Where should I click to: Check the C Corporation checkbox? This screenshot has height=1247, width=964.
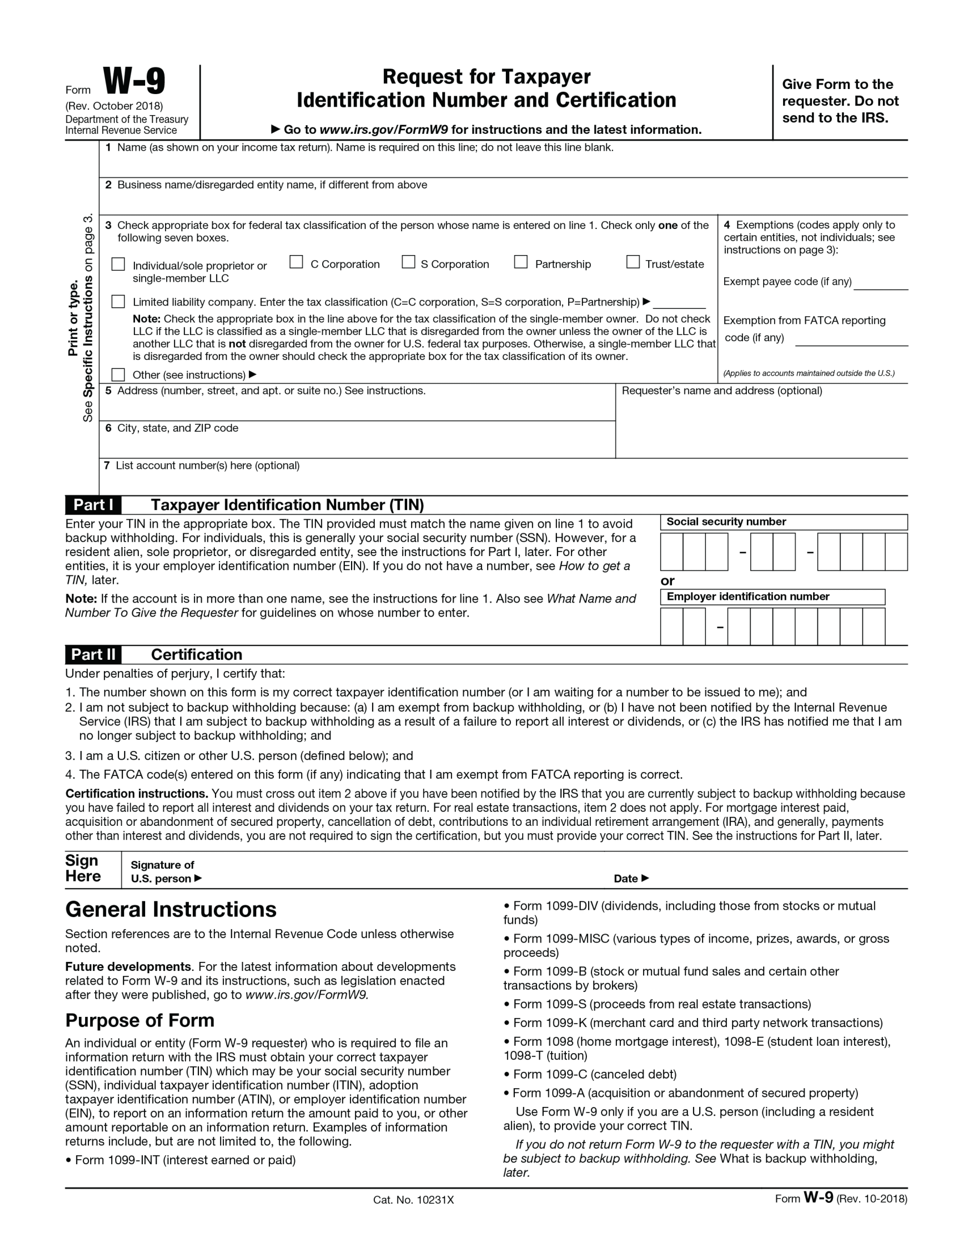[x=296, y=262]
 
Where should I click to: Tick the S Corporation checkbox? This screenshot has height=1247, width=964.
[x=408, y=262]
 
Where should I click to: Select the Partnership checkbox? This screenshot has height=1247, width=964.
[x=521, y=262]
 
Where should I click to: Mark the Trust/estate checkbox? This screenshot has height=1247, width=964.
[x=633, y=262]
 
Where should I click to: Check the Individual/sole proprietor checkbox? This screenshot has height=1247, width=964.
[x=118, y=264]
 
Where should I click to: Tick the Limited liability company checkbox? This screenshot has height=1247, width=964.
[x=118, y=302]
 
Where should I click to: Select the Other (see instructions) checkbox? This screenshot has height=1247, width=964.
[x=118, y=375]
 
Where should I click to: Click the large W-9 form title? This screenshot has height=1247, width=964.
[x=134, y=81]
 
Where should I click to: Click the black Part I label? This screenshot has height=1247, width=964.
[x=93, y=504]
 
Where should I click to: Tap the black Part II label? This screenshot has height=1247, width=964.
[x=93, y=654]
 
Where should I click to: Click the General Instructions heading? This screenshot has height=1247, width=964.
[x=171, y=909]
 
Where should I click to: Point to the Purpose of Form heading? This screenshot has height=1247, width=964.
[x=140, y=1020]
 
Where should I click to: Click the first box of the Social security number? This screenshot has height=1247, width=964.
[x=671, y=552]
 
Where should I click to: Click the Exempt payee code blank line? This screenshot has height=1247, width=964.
[x=881, y=283]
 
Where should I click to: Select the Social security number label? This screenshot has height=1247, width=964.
[x=726, y=521]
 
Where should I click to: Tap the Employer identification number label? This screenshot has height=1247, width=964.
[x=747, y=597]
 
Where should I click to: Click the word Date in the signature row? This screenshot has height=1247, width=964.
[x=625, y=878]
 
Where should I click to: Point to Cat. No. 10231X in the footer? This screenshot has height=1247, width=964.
[x=413, y=1199]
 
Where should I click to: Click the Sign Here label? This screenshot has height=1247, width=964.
[x=83, y=868]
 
